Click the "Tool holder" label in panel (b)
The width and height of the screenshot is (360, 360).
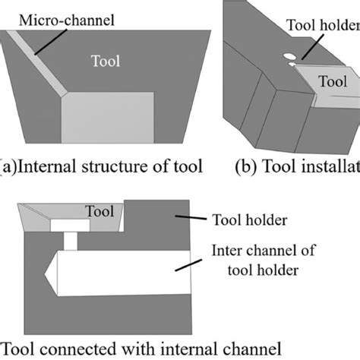tap(322, 24)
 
